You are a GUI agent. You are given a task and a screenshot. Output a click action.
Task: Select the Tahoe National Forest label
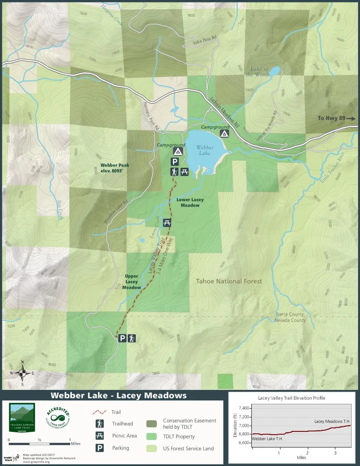coord(229,281)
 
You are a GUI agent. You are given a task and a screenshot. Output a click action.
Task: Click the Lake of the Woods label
coord(257,72)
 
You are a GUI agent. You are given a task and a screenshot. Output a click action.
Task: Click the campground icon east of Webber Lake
coord(224,134)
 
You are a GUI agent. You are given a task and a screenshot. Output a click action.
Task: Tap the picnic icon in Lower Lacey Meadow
coord(167,223)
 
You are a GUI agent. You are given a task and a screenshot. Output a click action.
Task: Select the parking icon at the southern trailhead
coord(122,338)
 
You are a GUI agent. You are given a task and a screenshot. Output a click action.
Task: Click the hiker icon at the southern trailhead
coord(132,338)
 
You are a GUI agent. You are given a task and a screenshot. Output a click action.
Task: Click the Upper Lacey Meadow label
coord(132,282)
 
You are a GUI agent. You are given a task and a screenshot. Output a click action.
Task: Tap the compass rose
coord(23,373)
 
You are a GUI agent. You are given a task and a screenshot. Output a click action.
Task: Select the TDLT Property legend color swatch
coord(152,436)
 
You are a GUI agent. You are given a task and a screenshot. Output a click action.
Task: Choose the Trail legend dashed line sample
coord(100,412)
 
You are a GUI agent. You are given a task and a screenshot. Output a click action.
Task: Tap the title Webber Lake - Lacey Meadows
coord(118,395)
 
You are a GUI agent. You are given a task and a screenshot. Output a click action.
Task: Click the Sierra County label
coord(290,315)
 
